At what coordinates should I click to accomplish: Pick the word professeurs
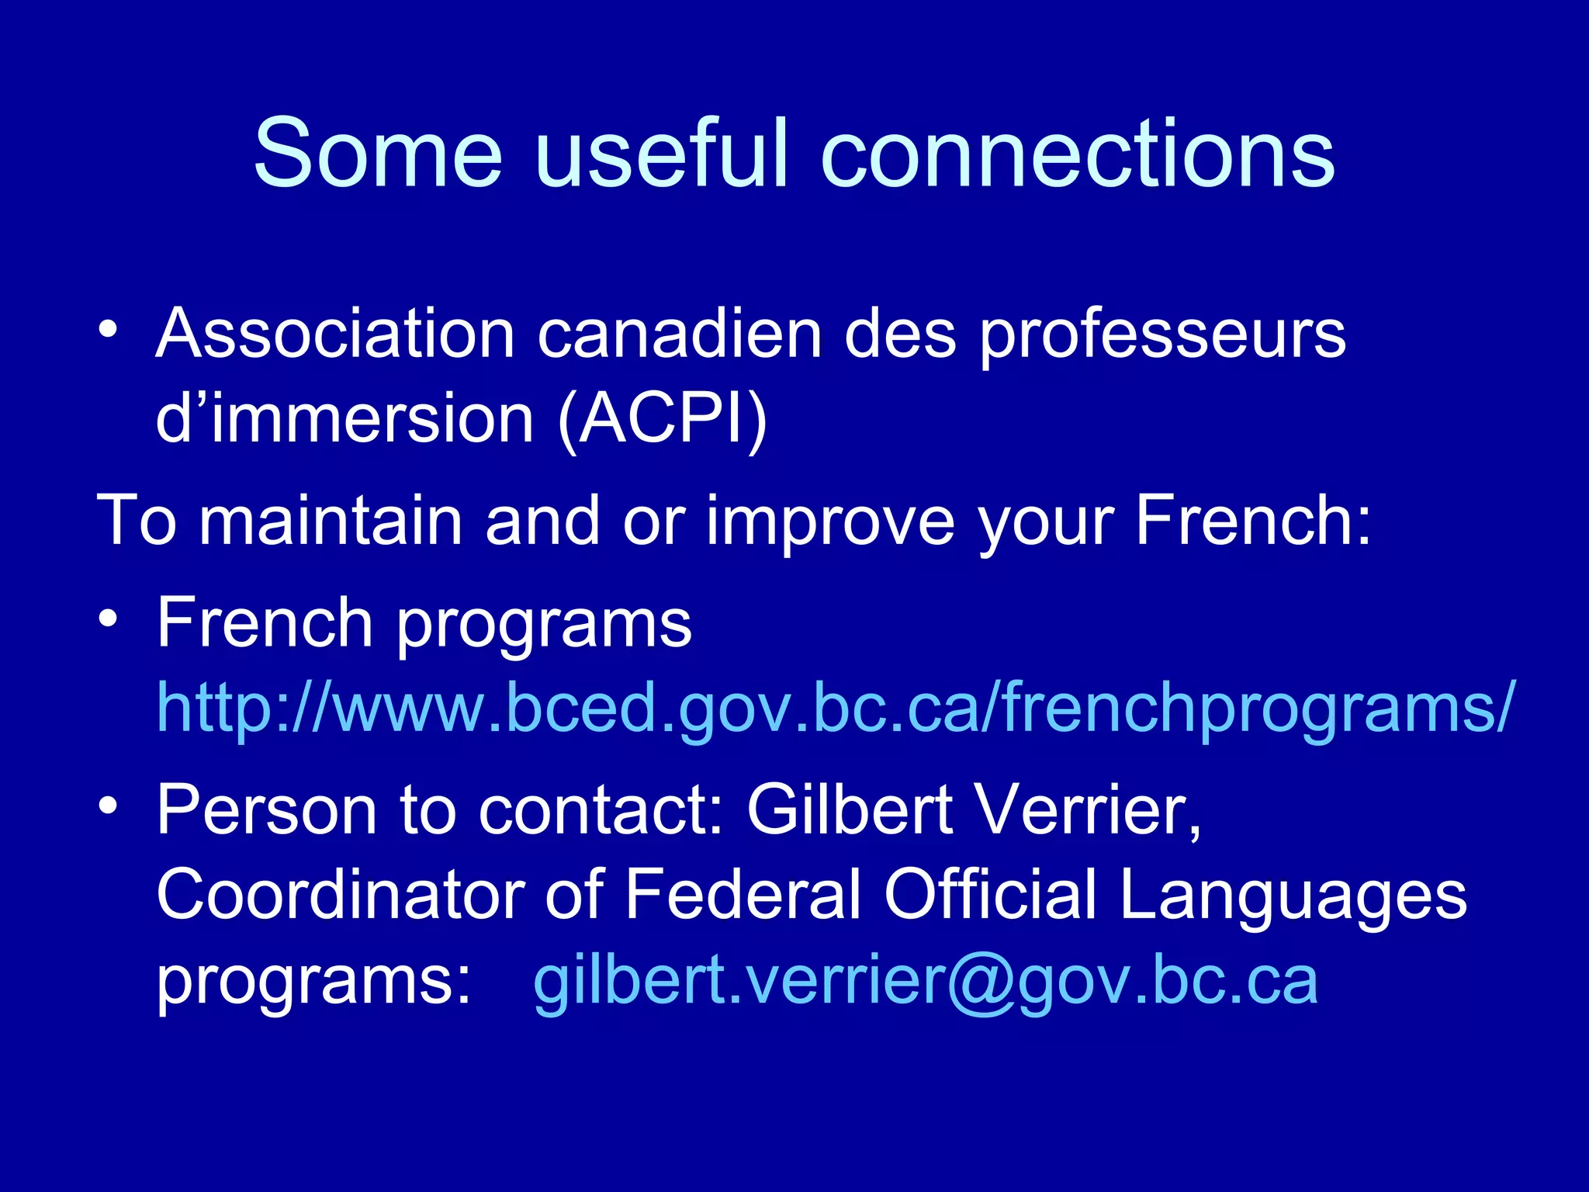coord(1161,335)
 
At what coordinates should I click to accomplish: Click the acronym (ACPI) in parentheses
coord(662,420)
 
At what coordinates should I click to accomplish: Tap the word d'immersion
coord(344,420)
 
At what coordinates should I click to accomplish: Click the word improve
coord(830,522)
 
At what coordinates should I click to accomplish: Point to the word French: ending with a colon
coord(1253,521)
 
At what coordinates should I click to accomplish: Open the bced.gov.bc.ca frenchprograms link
coord(834,707)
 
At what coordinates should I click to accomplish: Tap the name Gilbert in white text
coord(849,809)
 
